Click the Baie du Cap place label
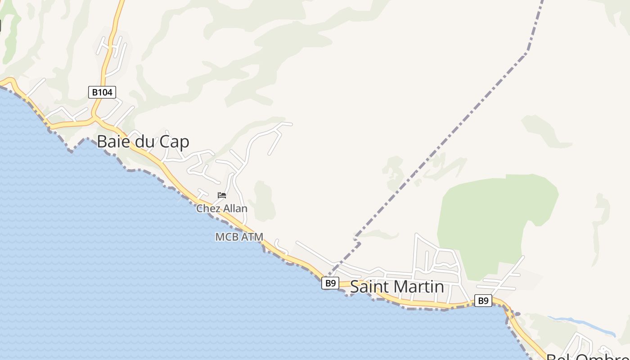(x=143, y=142)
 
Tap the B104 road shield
(x=102, y=92)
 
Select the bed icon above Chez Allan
(x=222, y=195)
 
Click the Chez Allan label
(x=222, y=208)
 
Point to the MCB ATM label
(x=239, y=237)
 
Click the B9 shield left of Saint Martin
(x=330, y=283)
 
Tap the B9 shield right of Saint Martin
(x=483, y=301)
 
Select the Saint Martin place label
(x=397, y=287)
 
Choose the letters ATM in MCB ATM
(x=252, y=237)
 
